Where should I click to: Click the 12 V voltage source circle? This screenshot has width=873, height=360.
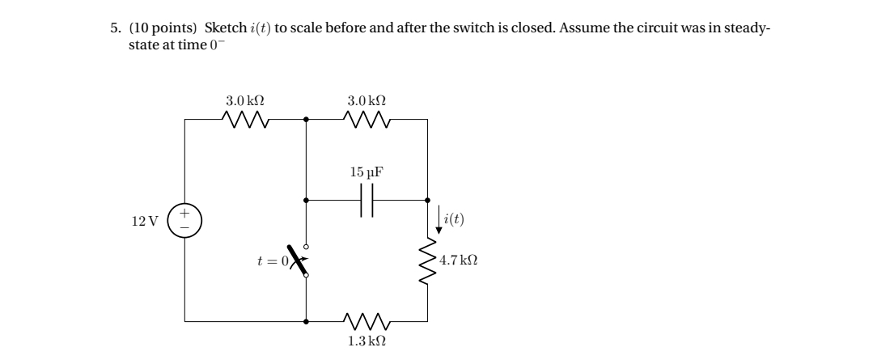click(x=184, y=220)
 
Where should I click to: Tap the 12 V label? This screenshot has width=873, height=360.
click(x=145, y=221)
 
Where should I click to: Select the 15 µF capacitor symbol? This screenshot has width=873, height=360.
click(x=367, y=200)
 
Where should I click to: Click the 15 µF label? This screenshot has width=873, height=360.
click(x=367, y=172)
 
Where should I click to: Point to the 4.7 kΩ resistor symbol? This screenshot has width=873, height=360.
click(x=427, y=260)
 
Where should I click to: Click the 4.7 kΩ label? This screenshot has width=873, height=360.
click(x=458, y=260)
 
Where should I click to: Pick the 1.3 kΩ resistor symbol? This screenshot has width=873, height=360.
click(x=367, y=321)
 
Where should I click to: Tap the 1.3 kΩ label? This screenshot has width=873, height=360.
click(x=367, y=341)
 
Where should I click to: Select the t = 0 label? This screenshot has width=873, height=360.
click(x=273, y=260)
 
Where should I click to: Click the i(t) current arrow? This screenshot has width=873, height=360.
click(x=439, y=220)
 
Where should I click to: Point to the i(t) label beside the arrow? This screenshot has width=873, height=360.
click(x=455, y=219)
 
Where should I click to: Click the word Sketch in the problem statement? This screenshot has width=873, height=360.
click(x=226, y=28)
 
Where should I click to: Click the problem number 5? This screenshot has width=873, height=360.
click(x=115, y=28)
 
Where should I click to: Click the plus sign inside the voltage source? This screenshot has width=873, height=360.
click(x=184, y=213)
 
